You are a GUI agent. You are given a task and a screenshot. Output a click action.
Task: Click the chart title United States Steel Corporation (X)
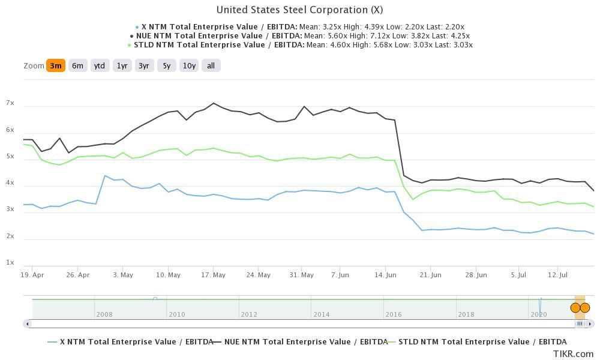(x=299, y=10)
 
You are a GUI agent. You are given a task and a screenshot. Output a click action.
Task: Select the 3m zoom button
(x=55, y=66)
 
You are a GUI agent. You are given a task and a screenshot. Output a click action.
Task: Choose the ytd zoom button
(x=100, y=66)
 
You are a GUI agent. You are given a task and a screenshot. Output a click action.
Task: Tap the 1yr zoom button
(x=122, y=66)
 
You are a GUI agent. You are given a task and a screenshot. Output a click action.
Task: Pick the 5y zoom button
(x=167, y=66)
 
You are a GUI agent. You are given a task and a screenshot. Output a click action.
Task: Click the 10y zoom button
(x=189, y=66)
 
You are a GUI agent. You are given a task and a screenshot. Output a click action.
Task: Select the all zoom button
(x=211, y=66)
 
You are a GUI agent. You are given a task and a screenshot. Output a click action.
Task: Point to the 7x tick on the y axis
(x=10, y=103)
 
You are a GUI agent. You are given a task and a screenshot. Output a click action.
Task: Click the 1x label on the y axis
(x=10, y=263)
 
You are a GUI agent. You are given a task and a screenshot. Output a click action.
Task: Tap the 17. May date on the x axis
(x=213, y=275)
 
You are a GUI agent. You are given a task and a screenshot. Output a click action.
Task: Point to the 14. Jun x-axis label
(x=386, y=275)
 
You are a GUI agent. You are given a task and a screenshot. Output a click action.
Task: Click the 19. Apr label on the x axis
(x=32, y=275)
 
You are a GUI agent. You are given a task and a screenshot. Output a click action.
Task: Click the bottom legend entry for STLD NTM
(x=477, y=342)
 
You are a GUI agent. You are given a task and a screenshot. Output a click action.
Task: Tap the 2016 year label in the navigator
(x=394, y=314)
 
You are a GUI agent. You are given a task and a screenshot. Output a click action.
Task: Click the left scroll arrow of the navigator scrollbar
(x=27, y=324)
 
